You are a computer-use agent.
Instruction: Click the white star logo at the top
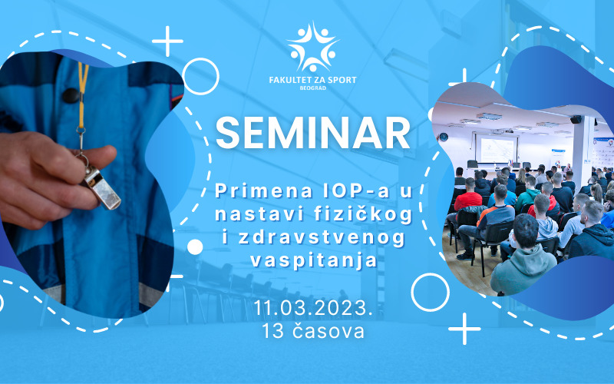[313, 47]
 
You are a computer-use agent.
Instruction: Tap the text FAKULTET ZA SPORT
[313, 80]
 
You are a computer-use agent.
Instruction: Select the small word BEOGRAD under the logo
[313, 88]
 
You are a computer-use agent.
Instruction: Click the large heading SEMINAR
[312, 132]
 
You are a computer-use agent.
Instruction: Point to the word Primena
[263, 190]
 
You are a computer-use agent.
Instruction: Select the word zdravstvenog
[321, 239]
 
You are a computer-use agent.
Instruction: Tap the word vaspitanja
[313, 261]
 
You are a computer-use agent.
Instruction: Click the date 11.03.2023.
[312, 308]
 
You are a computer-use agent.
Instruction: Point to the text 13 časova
[312, 331]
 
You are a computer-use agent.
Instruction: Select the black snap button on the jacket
[71, 95]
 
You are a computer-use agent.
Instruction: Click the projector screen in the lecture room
[497, 149]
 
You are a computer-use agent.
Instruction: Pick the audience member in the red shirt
[467, 196]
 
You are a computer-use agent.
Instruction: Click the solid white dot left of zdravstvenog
[195, 247]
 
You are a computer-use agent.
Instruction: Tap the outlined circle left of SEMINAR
[200, 76]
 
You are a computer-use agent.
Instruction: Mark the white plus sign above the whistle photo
[167, 41]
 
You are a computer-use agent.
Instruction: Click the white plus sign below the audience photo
[464, 329]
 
